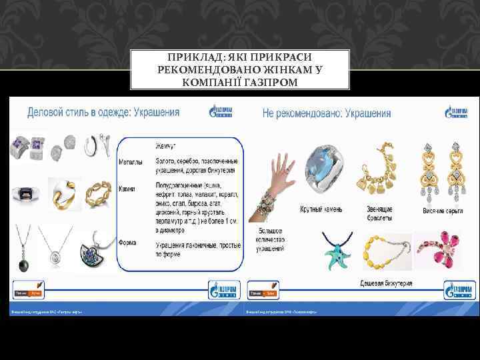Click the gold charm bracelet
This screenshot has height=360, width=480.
379,169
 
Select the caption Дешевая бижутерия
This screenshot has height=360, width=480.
386,283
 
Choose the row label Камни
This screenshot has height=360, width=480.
127,189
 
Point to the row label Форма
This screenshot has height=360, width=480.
127,242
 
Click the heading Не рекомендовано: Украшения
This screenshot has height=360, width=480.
327,113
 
